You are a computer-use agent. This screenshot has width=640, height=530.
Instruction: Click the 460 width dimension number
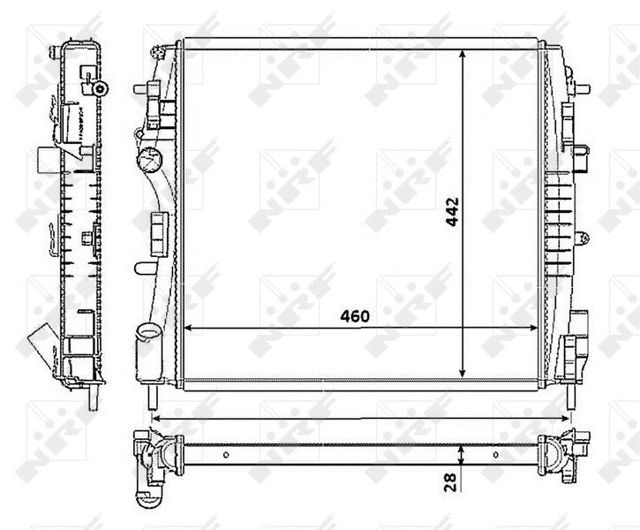[x=353, y=315]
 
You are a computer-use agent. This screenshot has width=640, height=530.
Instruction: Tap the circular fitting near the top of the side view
[x=101, y=88]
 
